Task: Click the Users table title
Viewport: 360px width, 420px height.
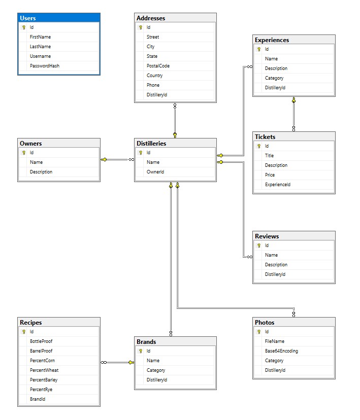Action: point(28,18)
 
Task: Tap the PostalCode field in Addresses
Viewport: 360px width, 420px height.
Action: point(158,66)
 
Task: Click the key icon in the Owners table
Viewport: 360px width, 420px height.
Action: point(24,153)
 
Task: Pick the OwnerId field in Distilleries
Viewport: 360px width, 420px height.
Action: point(155,172)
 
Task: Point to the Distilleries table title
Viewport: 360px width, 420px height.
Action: point(151,143)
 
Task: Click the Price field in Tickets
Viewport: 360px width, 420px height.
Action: point(270,175)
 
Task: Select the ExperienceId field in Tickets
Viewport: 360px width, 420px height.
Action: point(278,185)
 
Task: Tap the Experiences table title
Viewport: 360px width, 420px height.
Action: point(272,40)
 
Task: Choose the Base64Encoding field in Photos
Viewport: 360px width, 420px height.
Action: point(281,351)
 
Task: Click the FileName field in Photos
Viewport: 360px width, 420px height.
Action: point(275,341)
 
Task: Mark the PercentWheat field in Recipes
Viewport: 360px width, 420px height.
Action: point(44,370)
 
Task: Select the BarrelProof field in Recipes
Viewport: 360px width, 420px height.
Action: point(41,351)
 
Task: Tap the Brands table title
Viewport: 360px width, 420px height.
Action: point(146,342)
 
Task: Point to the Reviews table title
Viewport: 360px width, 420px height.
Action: point(267,236)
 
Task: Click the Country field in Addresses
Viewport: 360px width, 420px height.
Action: point(155,76)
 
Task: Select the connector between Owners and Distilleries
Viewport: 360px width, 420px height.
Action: point(118,159)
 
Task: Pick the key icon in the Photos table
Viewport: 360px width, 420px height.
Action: point(258,332)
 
